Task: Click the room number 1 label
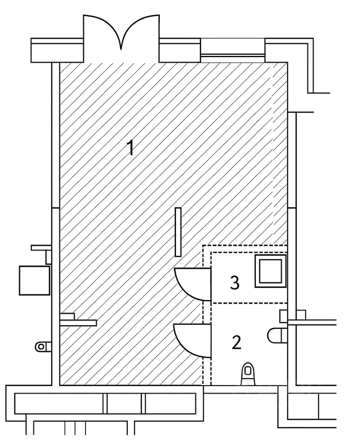pos(131,149)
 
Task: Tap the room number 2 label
pos(236,343)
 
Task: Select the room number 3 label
pos(235,282)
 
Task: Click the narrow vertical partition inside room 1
pos(178,232)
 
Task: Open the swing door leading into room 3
pos(190,283)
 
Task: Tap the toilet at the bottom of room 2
pos(249,373)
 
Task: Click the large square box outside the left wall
pos(34,280)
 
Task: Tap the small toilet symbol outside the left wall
pos(42,346)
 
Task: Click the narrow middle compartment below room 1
pos(124,403)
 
